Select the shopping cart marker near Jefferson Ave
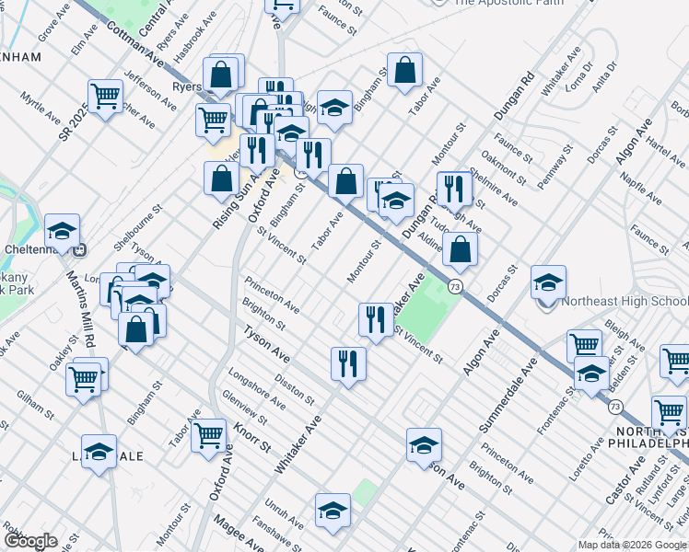(x=106, y=97)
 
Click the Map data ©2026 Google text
(x=631, y=545)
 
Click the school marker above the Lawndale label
(x=99, y=452)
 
